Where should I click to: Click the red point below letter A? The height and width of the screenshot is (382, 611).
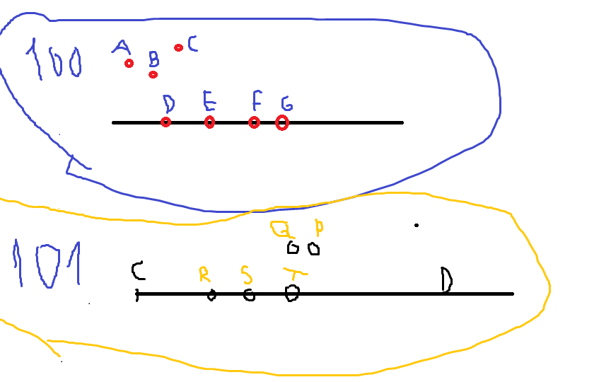(129, 64)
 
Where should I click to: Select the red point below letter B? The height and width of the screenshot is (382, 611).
(153, 74)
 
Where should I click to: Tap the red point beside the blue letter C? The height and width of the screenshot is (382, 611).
(179, 47)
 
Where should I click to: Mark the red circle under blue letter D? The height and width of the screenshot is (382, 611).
(165, 122)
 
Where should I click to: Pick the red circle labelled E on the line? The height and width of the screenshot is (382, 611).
(209, 122)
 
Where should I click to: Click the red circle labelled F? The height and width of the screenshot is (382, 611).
(254, 122)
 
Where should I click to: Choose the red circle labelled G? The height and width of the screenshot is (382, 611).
(282, 123)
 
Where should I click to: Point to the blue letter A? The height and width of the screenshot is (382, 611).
(122, 47)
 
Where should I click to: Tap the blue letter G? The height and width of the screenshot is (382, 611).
(286, 104)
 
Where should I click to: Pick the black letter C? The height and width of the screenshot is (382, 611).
(139, 270)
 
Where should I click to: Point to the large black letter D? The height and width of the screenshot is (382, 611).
(446, 279)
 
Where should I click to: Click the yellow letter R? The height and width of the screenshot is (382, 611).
(204, 274)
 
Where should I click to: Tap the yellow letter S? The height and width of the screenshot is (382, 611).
(245, 273)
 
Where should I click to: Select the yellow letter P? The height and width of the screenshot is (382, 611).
(319, 228)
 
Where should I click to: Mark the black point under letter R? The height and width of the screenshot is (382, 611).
(211, 295)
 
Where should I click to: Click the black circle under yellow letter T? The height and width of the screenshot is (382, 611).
(291, 293)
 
